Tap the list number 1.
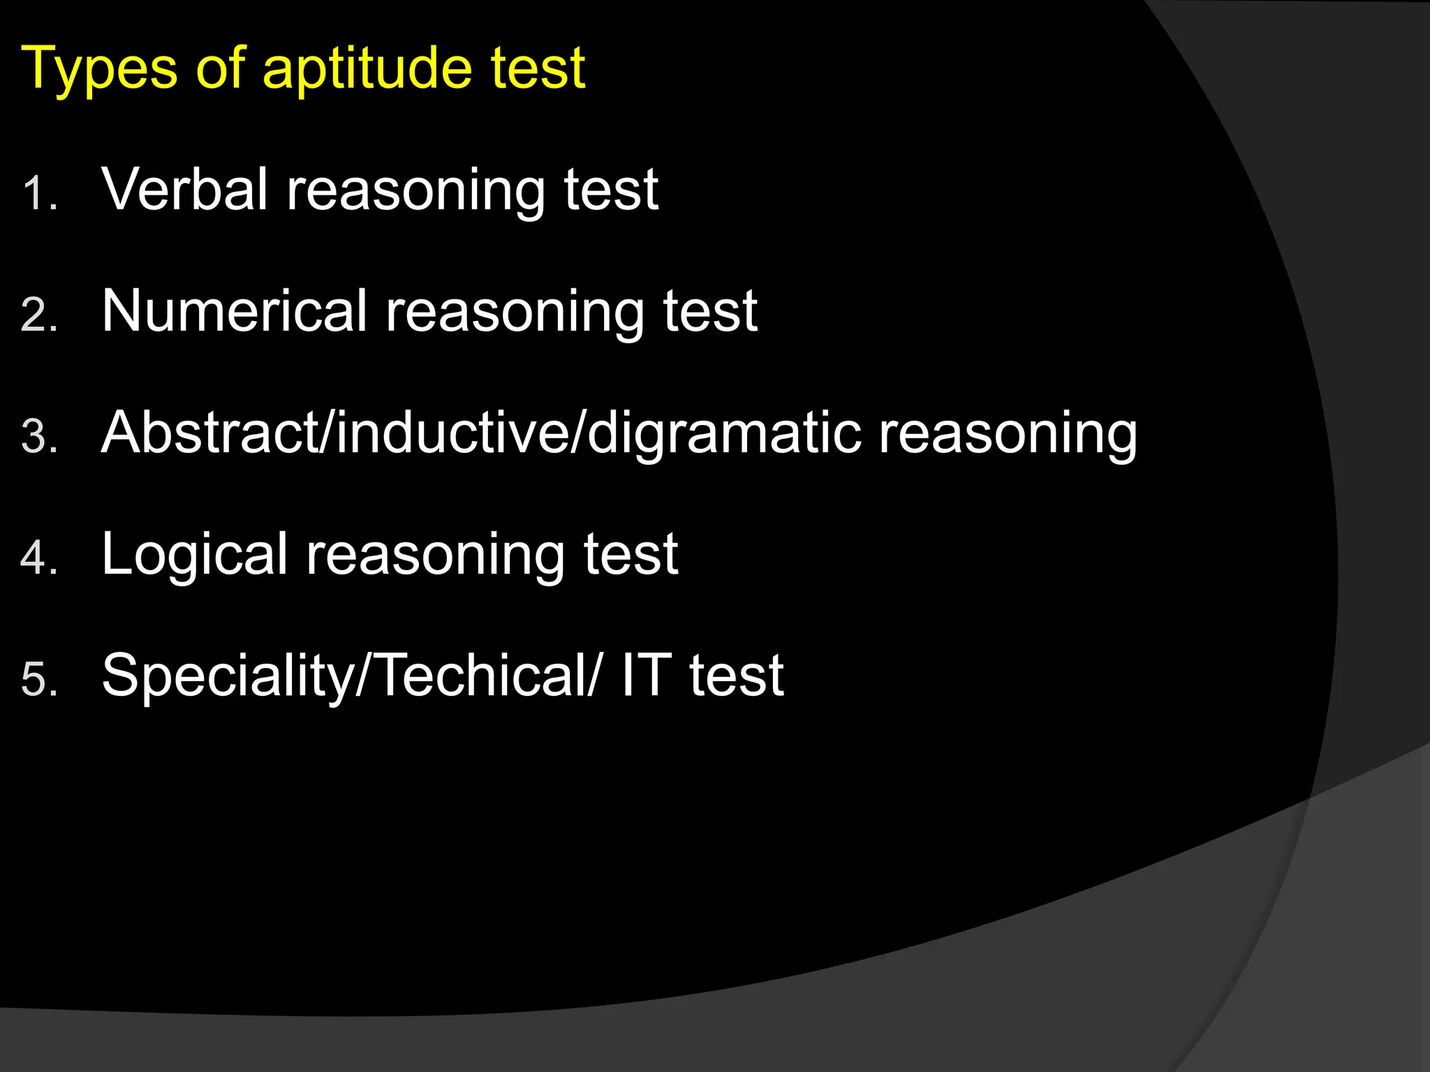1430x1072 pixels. point(38,193)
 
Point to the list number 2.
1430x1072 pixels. point(38,315)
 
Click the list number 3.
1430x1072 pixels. point(38,437)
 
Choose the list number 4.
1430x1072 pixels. point(38,558)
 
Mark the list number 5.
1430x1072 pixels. point(38,680)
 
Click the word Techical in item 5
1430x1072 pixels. point(482,676)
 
